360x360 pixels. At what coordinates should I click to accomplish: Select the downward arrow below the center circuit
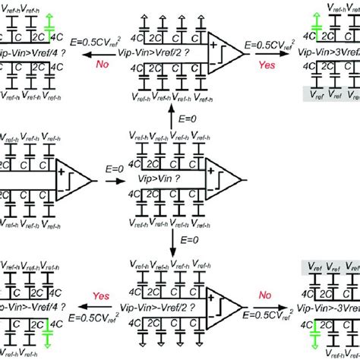tap(173, 243)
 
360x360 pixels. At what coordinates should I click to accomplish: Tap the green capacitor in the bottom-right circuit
tap(313, 328)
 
